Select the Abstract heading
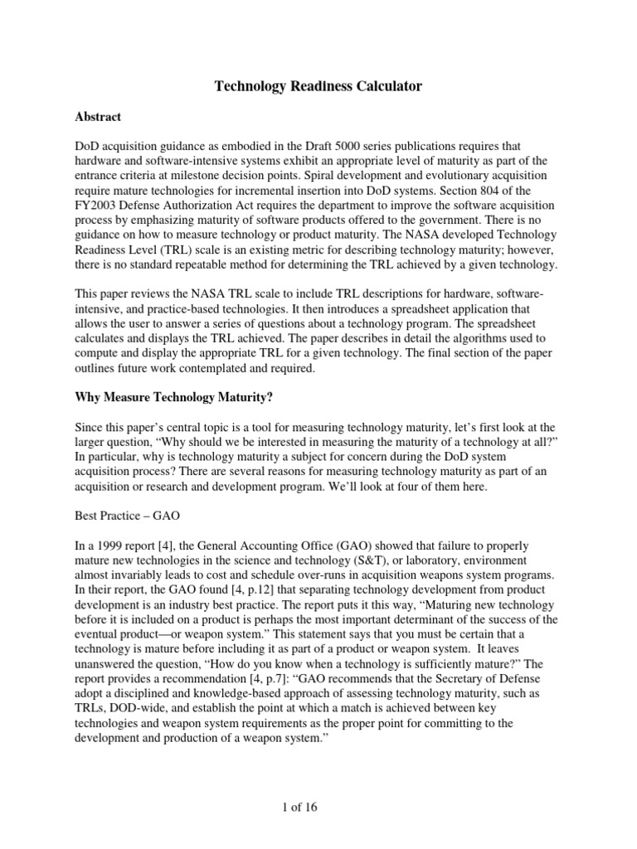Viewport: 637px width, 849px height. (98, 118)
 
